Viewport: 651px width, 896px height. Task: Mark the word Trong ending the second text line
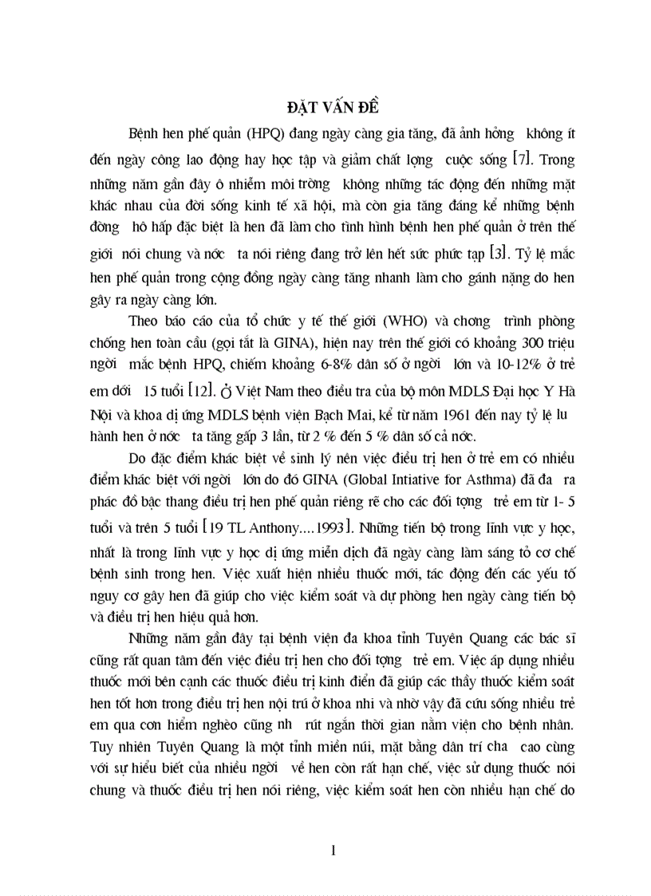[551, 160]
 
